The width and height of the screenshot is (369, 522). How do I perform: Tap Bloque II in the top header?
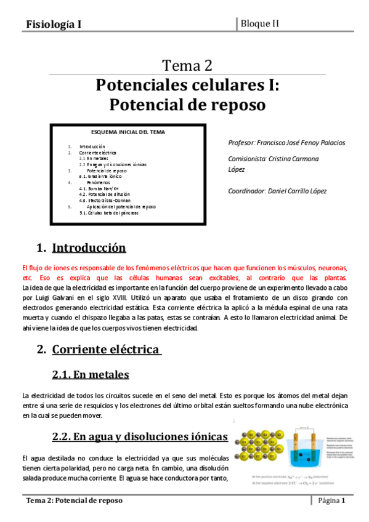(260, 23)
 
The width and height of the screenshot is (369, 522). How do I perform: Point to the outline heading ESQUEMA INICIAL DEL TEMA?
(128, 132)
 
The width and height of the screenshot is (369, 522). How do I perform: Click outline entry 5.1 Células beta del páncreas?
(113, 212)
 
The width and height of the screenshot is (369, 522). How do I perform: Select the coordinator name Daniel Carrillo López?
(296, 191)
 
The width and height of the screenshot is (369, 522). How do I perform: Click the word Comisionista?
(246, 158)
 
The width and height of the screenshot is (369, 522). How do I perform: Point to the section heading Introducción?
(89, 248)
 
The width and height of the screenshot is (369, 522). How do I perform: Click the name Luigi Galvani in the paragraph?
(51, 297)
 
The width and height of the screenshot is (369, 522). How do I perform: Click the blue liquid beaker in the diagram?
(306, 456)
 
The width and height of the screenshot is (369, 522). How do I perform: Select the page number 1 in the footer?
(343, 500)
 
